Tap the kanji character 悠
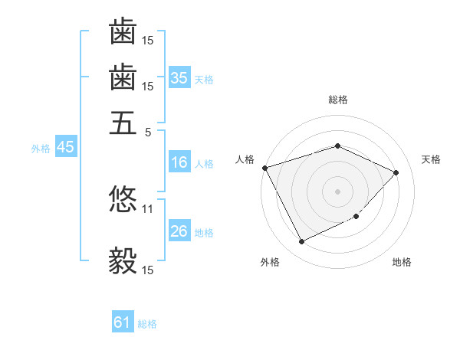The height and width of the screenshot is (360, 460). point(123,198)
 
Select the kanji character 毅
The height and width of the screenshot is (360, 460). point(123,260)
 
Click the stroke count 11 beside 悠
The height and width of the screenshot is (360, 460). point(148,208)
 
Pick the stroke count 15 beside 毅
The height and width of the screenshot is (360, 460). point(148,270)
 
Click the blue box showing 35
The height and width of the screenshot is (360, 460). point(179,78)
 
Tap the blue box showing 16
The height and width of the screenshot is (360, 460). point(179,163)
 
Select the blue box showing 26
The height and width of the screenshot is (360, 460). point(179,232)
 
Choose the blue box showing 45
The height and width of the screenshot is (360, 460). point(65,148)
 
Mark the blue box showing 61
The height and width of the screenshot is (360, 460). point(123,323)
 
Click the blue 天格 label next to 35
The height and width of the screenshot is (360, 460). point(204,79)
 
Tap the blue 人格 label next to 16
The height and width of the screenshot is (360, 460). point(204,164)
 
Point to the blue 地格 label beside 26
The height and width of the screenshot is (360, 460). point(204,233)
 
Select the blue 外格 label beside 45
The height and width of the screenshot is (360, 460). point(41,149)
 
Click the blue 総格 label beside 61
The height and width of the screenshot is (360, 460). point(147,324)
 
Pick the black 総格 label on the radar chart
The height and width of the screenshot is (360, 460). point(337,100)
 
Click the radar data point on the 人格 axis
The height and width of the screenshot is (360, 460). point(264,168)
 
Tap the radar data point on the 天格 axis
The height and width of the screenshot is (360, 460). point(396,172)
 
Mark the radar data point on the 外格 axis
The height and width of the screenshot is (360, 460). point(301,242)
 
